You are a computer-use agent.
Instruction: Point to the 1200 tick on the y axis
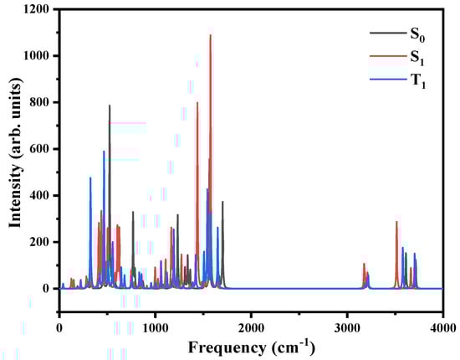[34, 10]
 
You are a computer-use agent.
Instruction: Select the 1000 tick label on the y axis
[34, 56]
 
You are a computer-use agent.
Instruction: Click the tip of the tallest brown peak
[210, 35]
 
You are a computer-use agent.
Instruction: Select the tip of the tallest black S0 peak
[110, 105]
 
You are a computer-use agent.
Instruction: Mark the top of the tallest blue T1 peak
[104, 152]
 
